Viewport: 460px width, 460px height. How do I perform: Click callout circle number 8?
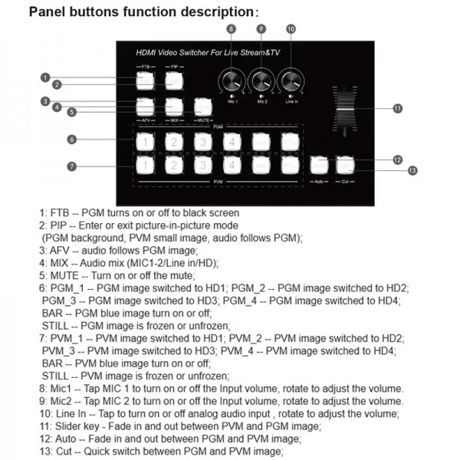point(231,28)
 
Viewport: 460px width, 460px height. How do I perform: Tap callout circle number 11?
point(397,109)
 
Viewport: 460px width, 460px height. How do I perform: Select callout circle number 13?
point(412,170)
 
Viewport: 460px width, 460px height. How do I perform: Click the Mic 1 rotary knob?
point(231,80)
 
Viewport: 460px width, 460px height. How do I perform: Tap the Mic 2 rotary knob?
point(261,80)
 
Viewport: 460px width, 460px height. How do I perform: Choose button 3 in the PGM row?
point(202,141)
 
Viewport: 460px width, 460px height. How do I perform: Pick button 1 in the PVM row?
point(144,164)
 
